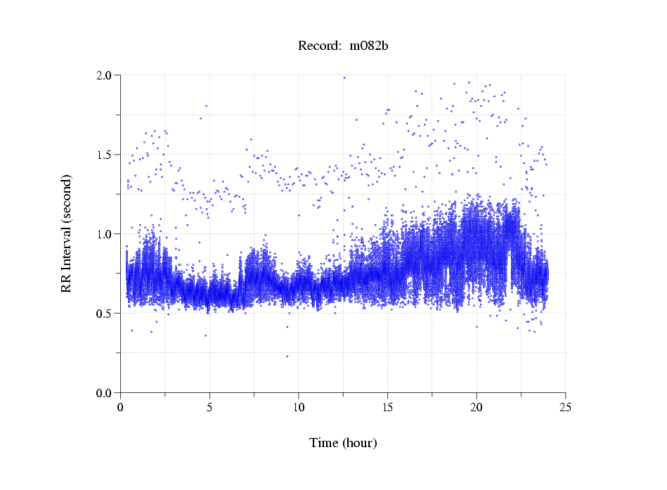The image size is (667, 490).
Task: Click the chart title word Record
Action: click(x=316, y=46)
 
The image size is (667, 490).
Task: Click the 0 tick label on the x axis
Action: click(x=121, y=407)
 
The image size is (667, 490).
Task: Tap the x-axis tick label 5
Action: click(x=209, y=407)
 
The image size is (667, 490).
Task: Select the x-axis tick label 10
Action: click(x=299, y=407)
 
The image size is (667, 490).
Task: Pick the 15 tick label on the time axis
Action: click(x=387, y=407)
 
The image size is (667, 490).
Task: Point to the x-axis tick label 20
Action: click(x=477, y=407)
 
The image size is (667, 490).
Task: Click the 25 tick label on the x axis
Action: click(x=565, y=407)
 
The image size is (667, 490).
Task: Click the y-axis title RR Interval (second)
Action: click(x=66, y=233)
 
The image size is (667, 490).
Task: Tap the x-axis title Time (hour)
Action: click(x=343, y=444)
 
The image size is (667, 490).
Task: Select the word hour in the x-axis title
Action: click(x=359, y=444)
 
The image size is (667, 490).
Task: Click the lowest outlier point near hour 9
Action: click(x=287, y=356)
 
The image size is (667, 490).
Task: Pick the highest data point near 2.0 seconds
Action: click(x=344, y=77)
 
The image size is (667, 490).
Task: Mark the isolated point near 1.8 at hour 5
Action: click(x=206, y=106)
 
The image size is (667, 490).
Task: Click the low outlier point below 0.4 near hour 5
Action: click(x=205, y=335)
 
